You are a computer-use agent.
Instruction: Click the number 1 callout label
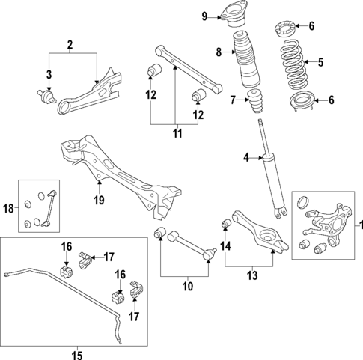tap(356, 225)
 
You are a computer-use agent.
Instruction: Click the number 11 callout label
tap(176, 135)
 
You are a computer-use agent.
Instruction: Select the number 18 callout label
tap(9, 211)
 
